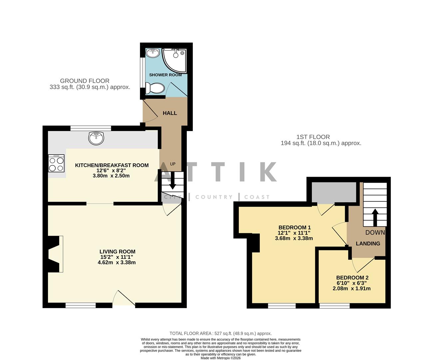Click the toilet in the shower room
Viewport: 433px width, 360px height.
[155, 89]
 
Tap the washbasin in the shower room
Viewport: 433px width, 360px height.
[153, 52]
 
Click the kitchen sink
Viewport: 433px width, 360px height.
[96, 137]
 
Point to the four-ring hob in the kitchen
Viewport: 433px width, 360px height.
[57, 164]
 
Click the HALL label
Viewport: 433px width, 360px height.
[170, 113]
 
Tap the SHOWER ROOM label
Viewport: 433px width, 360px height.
[165, 75]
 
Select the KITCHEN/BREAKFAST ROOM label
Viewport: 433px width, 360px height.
[112, 165]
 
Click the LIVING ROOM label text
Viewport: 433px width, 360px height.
[117, 252]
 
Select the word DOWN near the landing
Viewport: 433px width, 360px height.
[375, 233]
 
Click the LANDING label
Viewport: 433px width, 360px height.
[368, 244]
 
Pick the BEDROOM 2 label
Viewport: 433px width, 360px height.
[352, 278]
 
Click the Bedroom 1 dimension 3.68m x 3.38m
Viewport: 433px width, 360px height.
[293, 238]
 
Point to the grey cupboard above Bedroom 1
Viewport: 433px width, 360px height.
[333, 193]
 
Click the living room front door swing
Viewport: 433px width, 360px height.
[123, 298]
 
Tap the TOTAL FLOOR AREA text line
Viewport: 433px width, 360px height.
[220, 333]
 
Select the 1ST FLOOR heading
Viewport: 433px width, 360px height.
[313, 137]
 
